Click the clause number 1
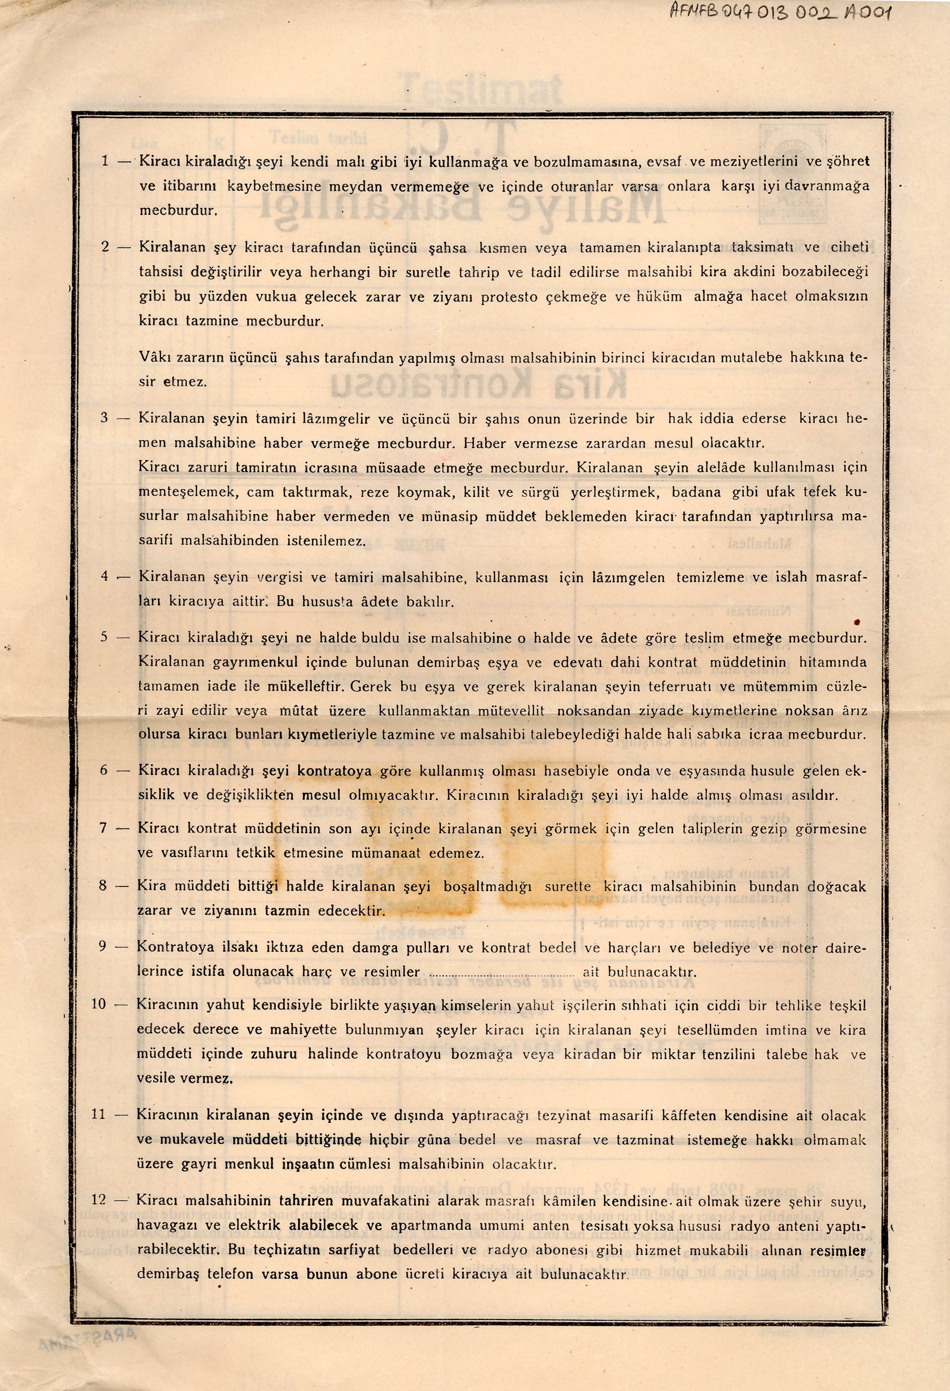(105, 160)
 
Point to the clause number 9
(102, 947)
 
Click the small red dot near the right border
(857, 622)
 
